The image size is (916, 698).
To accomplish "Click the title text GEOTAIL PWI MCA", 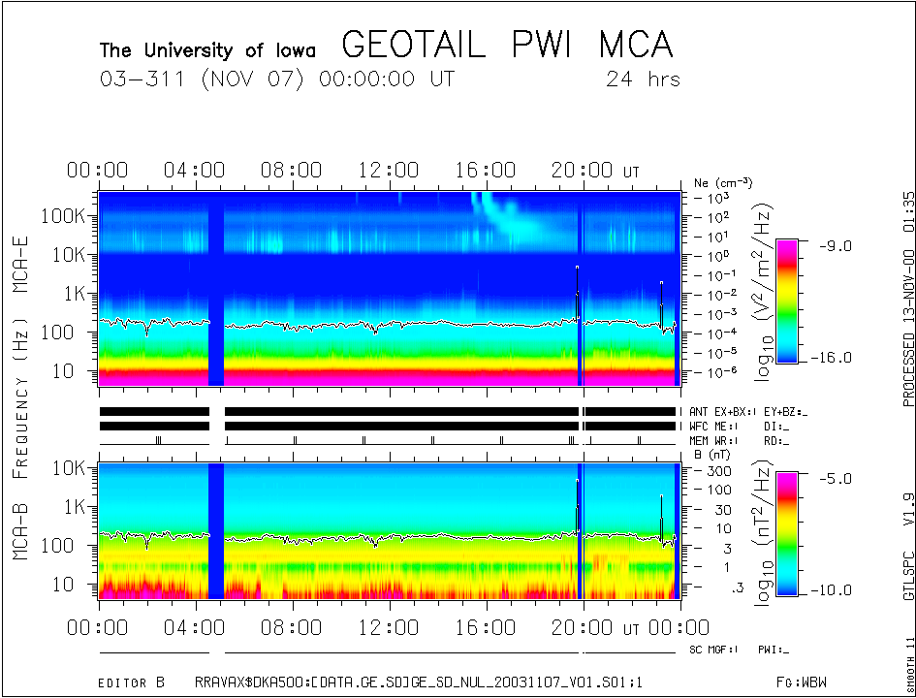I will [507, 46].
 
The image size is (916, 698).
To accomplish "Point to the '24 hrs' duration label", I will [643, 79].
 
